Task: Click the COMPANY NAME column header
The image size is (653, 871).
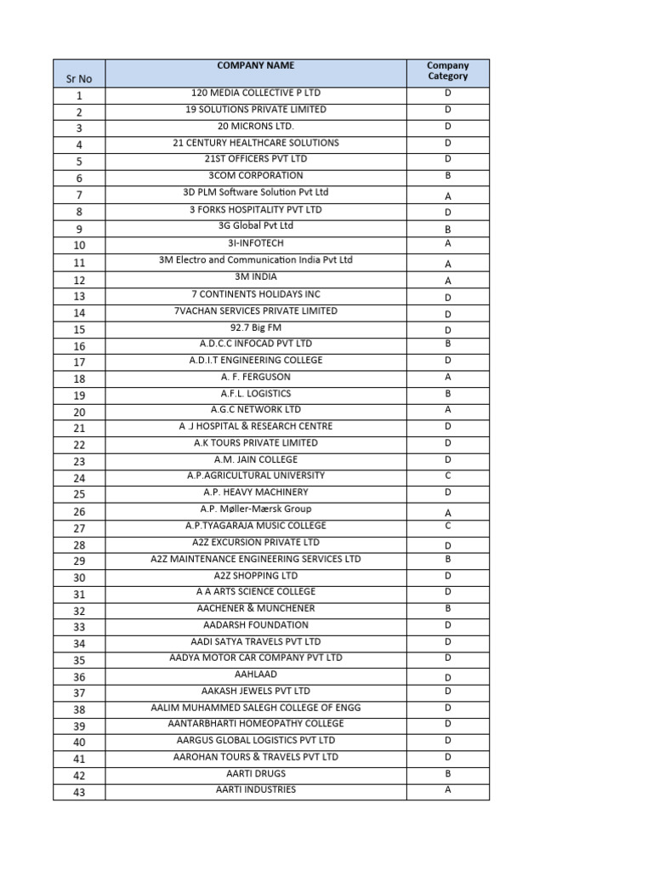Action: pyautogui.click(x=255, y=65)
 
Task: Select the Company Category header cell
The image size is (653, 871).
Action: pyautogui.click(x=447, y=71)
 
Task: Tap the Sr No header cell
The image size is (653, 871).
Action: pyautogui.click(x=79, y=79)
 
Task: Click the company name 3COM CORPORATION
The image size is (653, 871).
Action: pyautogui.click(x=255, y=176)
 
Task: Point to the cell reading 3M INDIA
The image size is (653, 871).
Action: pyautogui.click(x=255, y=276)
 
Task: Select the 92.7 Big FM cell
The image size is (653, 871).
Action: pyautogui.click(x=255, y=327)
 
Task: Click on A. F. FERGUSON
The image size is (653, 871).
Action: pyautogui.click(x=255, y=377)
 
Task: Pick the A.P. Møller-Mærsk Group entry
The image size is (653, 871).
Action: pyautogui.click(x=255, y=510)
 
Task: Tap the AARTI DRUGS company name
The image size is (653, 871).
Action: pyautogui.click(x=255, y=774)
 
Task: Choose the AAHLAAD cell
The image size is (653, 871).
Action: pyautogui.click(x=255, y=675)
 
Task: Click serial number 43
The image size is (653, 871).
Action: pyautogui.click(x=79, y=793)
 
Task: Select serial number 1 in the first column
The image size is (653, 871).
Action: pyautogui.click(x=79, y=96)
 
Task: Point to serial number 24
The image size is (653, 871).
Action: pyautogui.click(x=79, y=478)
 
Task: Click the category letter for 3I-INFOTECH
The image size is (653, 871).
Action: pyautogui.click(x=447, y=243)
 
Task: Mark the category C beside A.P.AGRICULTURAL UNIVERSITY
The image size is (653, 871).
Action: pyautogui.click(x=447, y=475)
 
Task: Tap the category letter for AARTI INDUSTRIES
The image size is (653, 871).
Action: pyautogui.click(x=447, y=790)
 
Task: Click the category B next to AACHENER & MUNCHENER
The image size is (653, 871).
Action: pyautogui.click(x=447, y=609)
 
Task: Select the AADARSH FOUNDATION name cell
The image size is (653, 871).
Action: pyautogui.click(x=255, y=625)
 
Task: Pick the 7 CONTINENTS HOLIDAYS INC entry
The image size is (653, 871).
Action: pyautogui.click(x=255, y=294)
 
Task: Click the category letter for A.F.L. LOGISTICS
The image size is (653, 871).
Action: pyautogui.click(x=447, y=394)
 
